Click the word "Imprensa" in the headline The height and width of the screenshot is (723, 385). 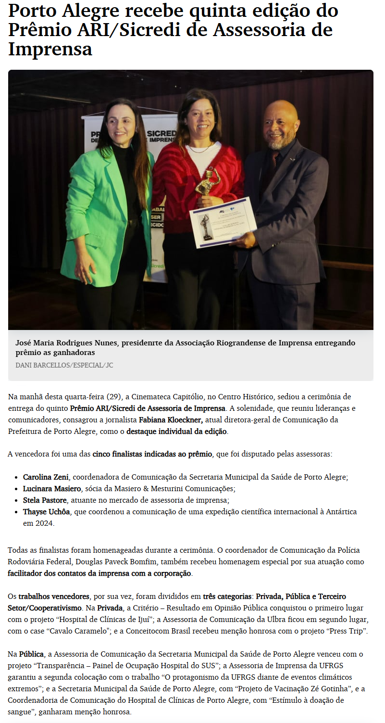click(x=50, y=49)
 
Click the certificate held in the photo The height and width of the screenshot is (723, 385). click(x=223, y=222)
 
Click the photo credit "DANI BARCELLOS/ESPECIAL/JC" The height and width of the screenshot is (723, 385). click(x=64, y=366)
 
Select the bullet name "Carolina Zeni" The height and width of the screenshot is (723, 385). click(x=46, y=477)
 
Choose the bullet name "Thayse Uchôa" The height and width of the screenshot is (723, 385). click(x=46, y=512)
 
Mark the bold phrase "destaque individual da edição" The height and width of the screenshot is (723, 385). click(x=176, y=431)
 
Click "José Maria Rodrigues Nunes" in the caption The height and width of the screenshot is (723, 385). click(x=68, y=343)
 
